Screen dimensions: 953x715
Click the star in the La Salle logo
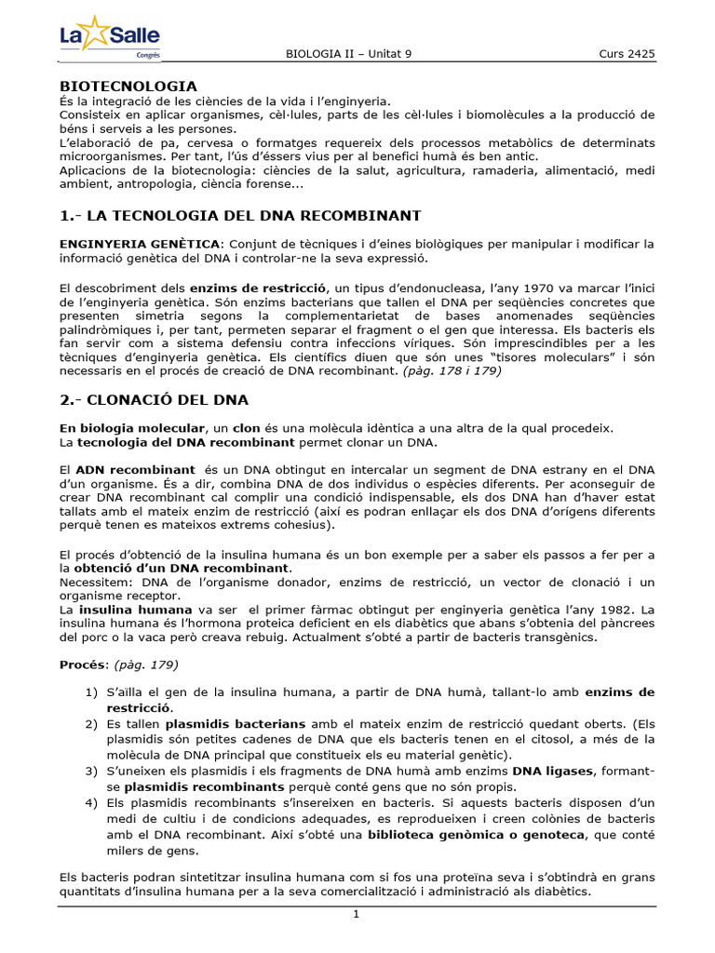[96, 34]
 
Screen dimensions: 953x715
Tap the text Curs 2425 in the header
[627, 54]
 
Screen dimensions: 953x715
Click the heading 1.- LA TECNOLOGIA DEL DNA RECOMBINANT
[240, 216]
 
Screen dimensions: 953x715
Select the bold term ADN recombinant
[135, 470]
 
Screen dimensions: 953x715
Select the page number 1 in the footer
[356, 915]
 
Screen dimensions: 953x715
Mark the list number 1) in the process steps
[90, 692]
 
